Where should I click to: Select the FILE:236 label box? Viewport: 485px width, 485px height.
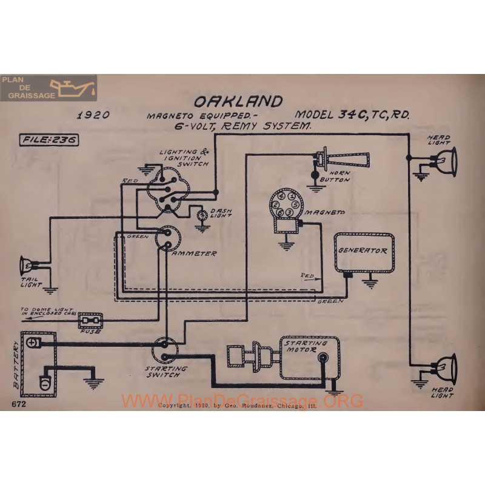(x=52, y=139)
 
